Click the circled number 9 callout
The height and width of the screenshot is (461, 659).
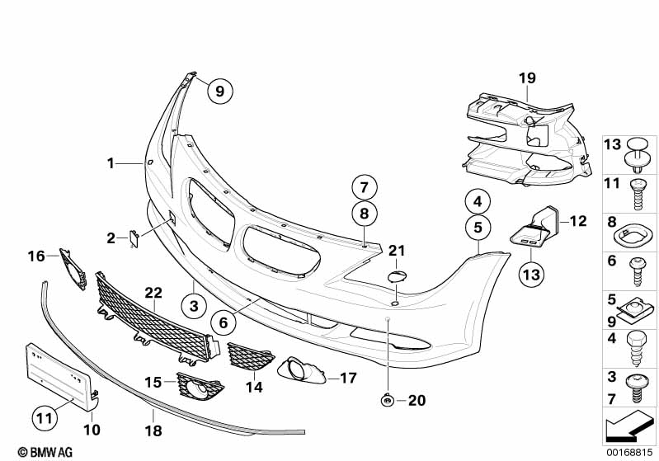coord(220,92)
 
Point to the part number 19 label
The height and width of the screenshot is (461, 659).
coord(527,78)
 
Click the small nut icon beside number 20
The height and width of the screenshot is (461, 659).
coord(388,401)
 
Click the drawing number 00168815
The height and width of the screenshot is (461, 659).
coord(630,452)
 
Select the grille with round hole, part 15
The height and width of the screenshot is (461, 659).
coord(199,388)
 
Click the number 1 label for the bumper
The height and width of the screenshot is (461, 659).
coord(110,163)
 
